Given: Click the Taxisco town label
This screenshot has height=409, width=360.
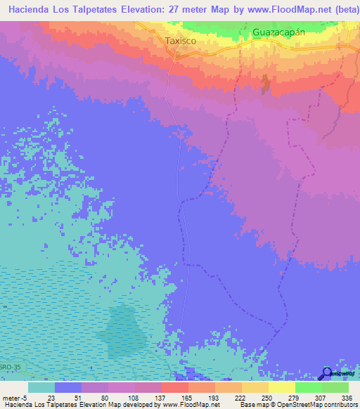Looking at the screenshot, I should click(180, 41).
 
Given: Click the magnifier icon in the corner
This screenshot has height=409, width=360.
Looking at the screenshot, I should click(327, 373).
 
